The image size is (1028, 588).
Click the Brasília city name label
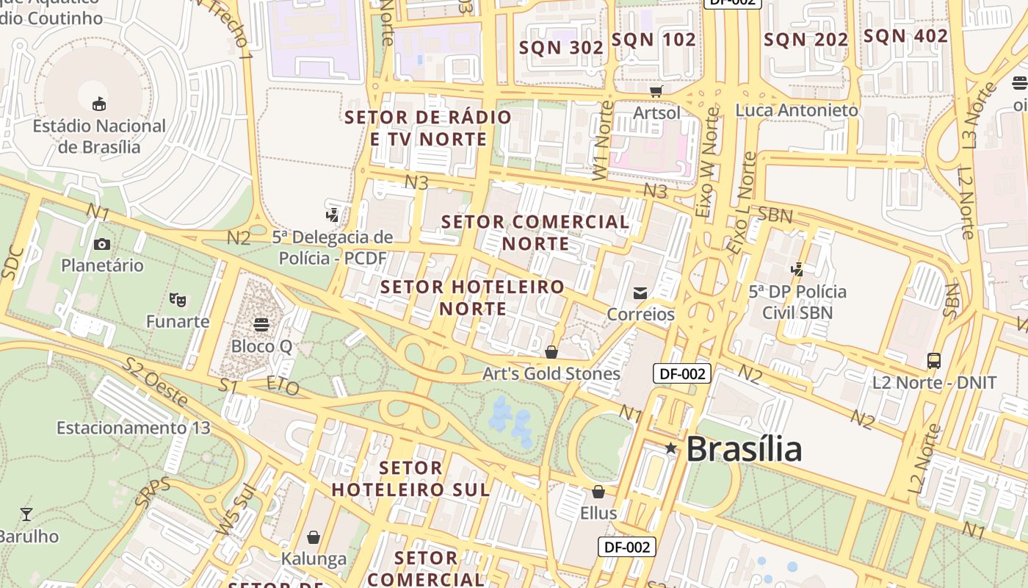(x=743, y=449)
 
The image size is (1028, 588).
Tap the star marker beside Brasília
(x=670, y=448)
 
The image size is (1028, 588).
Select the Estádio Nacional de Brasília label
(x=99, y=136)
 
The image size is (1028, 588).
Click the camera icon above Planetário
(x=102, y=244)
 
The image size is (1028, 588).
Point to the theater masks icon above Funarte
(x=177, y=299)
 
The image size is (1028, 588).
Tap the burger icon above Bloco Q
(x=261, y=324)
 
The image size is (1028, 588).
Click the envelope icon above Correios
(x=640, y=293)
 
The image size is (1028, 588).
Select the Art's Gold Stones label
(x=551, y=373)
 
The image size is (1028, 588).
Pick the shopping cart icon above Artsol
(x=656, y=91)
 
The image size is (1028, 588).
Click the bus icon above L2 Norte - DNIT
(x=934, y=361)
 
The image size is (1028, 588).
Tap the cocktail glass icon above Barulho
(x=26, y=514)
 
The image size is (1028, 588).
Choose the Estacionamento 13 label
(x=134, y=428)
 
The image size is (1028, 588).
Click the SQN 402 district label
(x=905, y=36)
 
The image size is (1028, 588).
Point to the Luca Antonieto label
(x=797, y=110)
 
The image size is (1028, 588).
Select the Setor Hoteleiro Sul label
(x=410, y=478)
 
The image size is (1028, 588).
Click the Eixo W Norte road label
(x=707, y=163)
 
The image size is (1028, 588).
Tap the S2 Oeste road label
(x=156, y=381)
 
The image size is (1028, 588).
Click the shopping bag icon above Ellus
(x=598, y=492)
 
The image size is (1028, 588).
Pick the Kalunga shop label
(x=314, y=559)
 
